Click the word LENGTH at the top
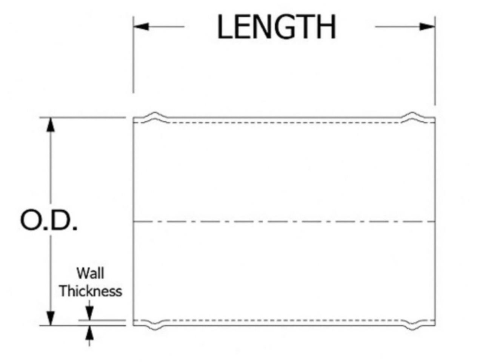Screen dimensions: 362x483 [276, 27]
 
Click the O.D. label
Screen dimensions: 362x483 [49, 221]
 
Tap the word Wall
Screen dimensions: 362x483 [90, 273]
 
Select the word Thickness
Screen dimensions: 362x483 [91, 291]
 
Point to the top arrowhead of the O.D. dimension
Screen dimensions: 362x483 [50, 124]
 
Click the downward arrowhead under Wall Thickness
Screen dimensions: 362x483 [89, 313]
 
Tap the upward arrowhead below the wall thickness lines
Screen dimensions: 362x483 [89, 332]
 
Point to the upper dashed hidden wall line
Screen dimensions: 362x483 [283, 122]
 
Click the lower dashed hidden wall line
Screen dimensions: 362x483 [283, 320]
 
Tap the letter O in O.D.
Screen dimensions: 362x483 [30, 221]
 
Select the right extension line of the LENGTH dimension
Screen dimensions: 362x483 [435, 64]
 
